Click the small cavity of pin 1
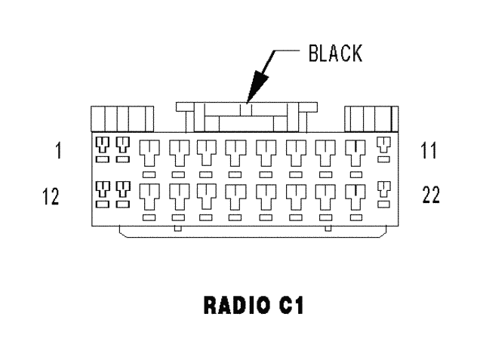pyautogui.click(x=103, y=144)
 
